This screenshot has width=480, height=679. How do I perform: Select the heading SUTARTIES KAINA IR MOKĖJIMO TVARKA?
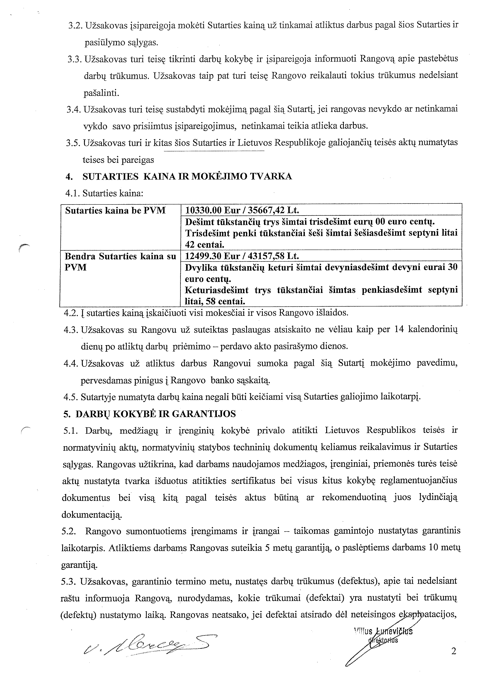point(187,177)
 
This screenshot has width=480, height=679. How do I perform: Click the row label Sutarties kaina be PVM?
point(115,211)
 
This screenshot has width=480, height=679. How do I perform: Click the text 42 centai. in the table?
point(205,245)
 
